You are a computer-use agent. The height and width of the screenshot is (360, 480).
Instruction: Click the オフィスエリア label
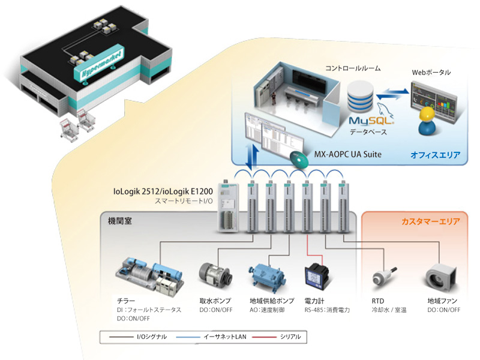click(x=436, y=155)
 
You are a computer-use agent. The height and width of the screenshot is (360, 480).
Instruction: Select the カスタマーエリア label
click(x=430, y=221)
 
